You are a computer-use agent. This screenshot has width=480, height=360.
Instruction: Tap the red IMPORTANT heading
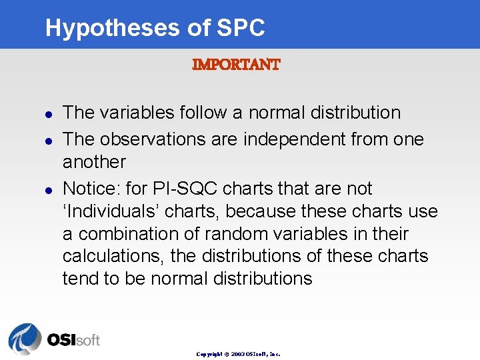coord(236,65)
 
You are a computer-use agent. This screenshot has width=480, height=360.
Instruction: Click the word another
coord(94,162)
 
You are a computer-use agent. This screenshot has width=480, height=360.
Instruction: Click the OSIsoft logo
coord(54,339)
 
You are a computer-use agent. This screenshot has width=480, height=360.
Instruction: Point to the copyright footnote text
coord(238,354)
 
